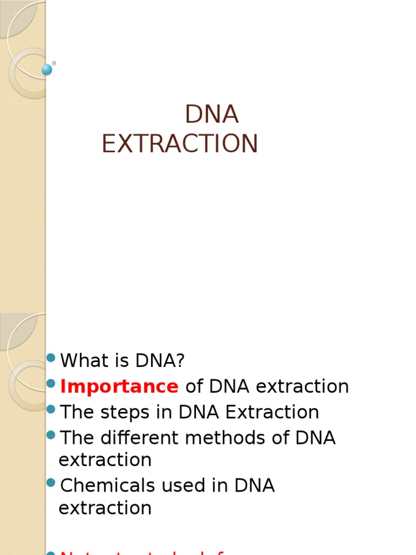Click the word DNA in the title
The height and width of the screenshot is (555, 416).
click(212, 114)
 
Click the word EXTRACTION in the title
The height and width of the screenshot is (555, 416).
click(180, 144)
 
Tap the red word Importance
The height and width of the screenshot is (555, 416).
click(119, 386)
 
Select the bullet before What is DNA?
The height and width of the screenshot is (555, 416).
click(51, 357)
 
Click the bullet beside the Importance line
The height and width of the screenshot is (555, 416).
click(51, 384)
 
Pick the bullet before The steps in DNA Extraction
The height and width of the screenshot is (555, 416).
click(51, 409)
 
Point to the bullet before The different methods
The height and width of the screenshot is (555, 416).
click(51, 435)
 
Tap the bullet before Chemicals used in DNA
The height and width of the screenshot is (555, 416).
click(51, 482)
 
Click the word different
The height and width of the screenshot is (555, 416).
click(136, 438)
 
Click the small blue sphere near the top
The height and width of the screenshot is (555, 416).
click(47, 69)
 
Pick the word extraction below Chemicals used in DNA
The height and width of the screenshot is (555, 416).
click(105, 508)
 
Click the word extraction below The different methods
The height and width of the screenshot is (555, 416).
click(105, 460)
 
